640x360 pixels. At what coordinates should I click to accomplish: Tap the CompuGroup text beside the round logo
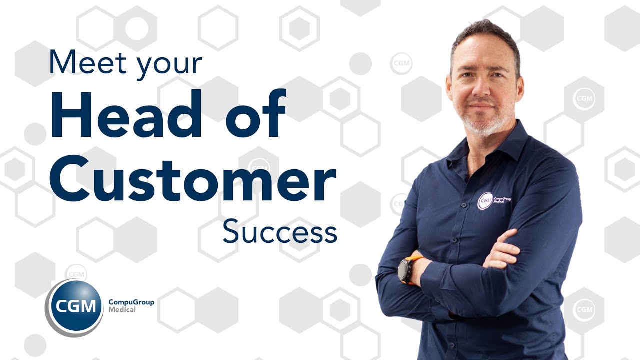pyautogui.click(x=131, y=302)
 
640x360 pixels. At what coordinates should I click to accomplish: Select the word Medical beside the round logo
pyautogui.click(x=122, y=310)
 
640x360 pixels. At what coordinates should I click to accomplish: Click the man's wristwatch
pyautogui.click(x=405, y=270)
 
